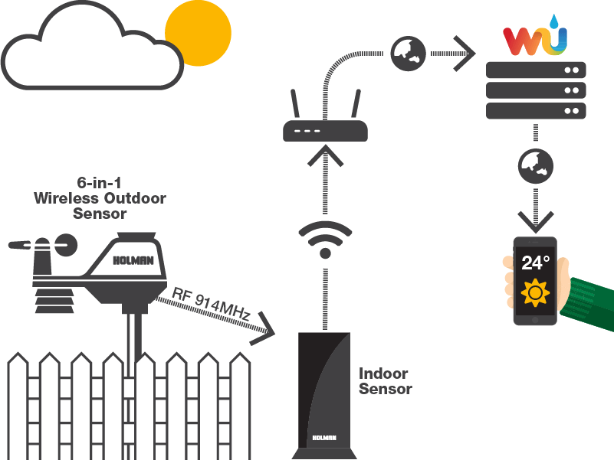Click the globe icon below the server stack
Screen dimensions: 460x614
[x=536, y=165]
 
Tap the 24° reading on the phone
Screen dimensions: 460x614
[x=536, y=263]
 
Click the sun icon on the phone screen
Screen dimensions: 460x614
[x=535, y=293]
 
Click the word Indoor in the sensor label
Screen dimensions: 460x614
[x=383, y=374]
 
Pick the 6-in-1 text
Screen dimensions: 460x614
[x=101, y=184]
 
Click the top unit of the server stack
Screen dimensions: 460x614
[x=536, y=70]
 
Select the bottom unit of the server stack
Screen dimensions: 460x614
[x=536, y=111]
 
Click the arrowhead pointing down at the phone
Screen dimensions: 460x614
[x=536, y=222]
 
